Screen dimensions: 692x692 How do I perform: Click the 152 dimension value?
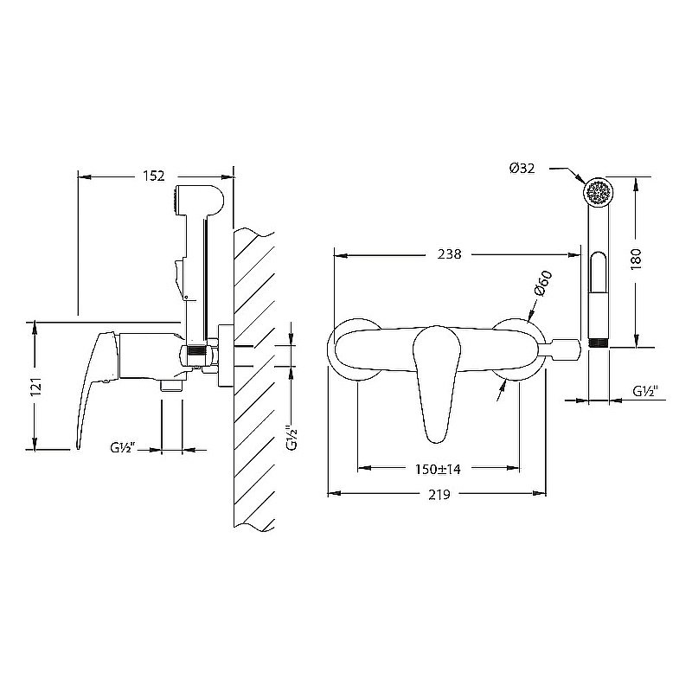click(x=154, y=176)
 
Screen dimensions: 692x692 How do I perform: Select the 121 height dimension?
click(x=37, y=386)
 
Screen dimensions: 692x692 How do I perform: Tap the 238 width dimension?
click(x=449, y=254)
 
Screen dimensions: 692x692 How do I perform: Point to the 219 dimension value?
click(x=439, y=494)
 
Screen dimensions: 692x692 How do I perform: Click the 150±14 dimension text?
click(x=438, y=469)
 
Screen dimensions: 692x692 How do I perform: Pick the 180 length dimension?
click(x=636, y=259)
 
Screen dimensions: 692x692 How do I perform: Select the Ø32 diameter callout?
click(x=522, y=168)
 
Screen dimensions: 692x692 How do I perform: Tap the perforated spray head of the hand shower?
click(x=599, y=193)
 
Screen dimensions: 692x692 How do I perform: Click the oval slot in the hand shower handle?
click(x=599, y=272)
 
